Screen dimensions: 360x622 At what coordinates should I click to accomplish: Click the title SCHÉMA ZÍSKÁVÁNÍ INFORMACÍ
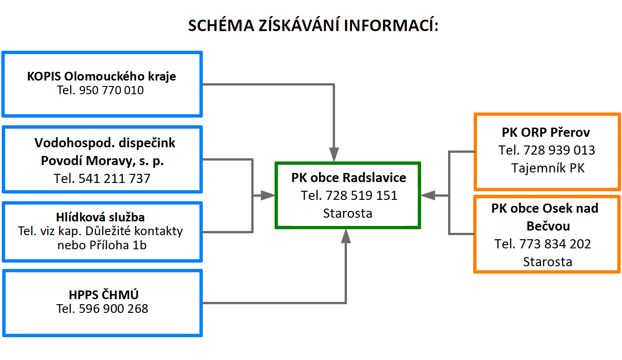[x=314, y=26]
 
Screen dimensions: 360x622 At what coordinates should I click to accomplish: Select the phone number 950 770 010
[x=111, y=90]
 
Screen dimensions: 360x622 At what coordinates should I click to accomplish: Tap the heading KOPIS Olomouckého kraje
[x=102, y=76]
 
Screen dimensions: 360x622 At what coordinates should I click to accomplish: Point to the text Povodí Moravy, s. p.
[x=103, y=161]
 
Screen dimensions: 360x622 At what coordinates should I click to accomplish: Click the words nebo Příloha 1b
[x=102, y=245]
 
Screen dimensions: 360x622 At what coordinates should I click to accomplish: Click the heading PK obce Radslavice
[x=348, y=177]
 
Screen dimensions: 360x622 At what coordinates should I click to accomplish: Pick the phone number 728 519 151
[x=362, y=195]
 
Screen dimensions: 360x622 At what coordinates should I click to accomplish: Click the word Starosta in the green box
[x=347, y=213]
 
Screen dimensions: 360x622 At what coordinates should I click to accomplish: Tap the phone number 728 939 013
[x=559, y=150]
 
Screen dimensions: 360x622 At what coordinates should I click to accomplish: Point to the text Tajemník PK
[x=547, y=168]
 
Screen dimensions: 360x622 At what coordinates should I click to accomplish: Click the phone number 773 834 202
[x=555, y=244]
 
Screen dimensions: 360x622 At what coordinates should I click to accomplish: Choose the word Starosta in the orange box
[x=547, y=262]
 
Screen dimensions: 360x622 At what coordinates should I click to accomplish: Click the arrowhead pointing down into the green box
[x=334, y=154]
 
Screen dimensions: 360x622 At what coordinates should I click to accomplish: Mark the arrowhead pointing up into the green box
[x=346, y=236]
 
